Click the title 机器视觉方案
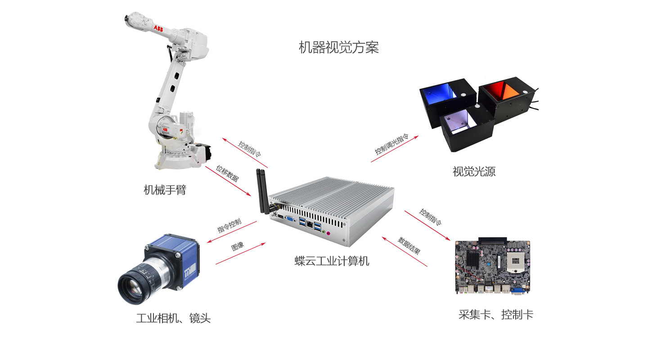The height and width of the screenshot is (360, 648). tap(338, 47)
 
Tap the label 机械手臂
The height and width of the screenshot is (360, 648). tap(165, 190)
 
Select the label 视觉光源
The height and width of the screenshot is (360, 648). tap(474, 171)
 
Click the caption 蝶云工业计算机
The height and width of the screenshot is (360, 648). tap(332, 261)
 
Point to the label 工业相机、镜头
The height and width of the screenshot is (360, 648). tap(173, 318)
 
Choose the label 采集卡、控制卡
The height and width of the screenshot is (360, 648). tap(495, 315)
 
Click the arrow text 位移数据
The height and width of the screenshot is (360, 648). tap(227, 173)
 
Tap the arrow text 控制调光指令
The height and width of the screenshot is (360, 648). tap(391, 144)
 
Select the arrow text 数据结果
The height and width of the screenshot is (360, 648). tap(409, 245)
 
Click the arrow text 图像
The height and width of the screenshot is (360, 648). tap(238, 246)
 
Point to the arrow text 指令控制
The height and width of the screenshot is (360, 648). tap(229, 225)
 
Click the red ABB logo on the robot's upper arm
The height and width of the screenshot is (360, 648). tap(158, 28)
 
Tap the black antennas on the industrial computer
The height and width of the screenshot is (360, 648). tap(262, 191)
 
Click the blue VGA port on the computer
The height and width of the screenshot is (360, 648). tap(290, 219)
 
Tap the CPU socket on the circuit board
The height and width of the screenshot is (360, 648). tap(515, 261)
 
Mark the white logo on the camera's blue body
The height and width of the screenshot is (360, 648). tap(190, 272)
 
